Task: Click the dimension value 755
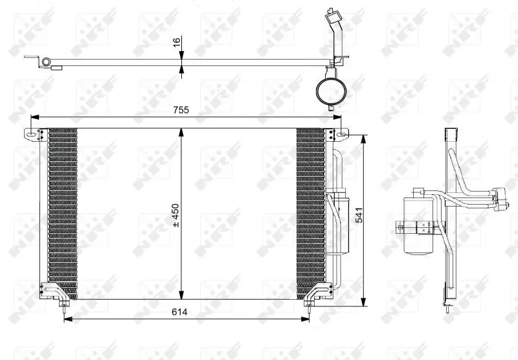coord(181,110)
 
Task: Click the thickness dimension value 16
coord(175,43)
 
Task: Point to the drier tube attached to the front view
coord(337,220)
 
